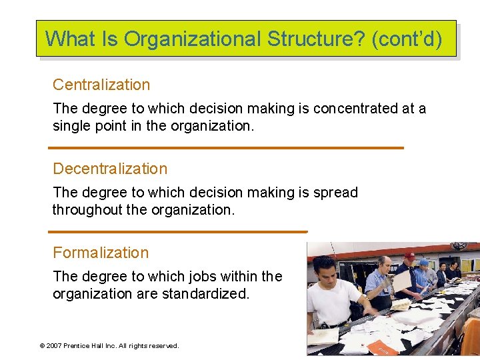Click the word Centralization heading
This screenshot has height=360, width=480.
pos(101,85)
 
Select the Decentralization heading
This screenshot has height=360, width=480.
pos(110,169)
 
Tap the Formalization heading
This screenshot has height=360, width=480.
pos(101,253)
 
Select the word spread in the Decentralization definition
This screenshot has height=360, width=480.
pos(337,192)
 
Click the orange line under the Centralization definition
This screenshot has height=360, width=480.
pos(227,147)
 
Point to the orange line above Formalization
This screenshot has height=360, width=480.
pos(179,231)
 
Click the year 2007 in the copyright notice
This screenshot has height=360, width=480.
pos(53,346)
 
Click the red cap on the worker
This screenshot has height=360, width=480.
pos(409,255)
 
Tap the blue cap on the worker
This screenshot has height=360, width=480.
pos(423,262)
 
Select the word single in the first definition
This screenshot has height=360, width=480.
pos(71,125)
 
